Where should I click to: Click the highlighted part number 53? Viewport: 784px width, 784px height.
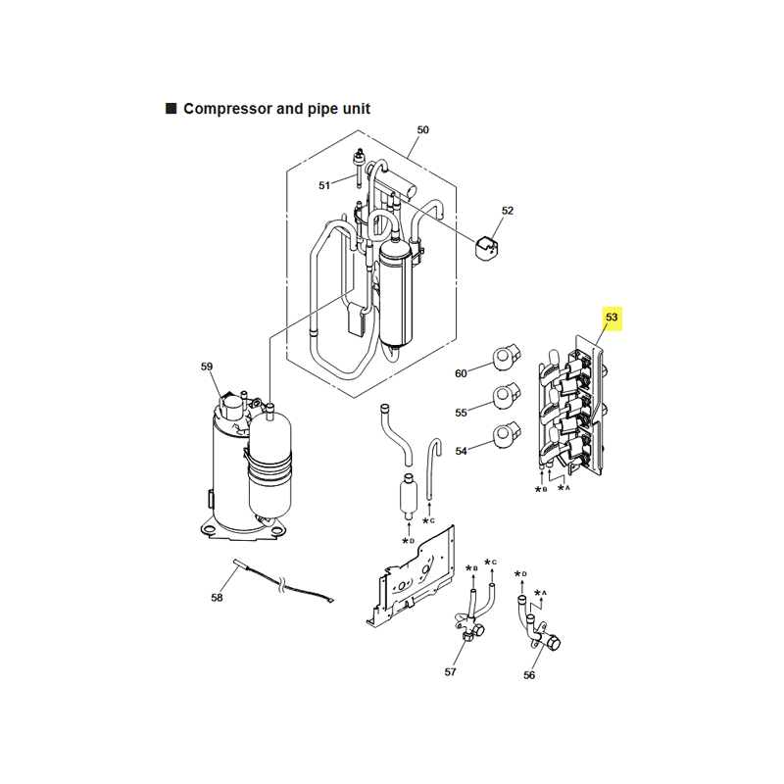coord(612,318)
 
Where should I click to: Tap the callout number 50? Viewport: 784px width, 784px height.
coord(423,130)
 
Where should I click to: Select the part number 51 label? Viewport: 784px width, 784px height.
coord(324,185)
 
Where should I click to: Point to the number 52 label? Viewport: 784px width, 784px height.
coord(508,211)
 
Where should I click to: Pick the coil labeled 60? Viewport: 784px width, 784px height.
coord(507,357)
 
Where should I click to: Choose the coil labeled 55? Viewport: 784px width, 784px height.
coord(507,396)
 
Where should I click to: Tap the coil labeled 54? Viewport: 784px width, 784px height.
coord(507,435)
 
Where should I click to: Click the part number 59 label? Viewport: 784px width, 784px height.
coord(207,367)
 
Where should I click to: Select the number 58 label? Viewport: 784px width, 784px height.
coord(217,598)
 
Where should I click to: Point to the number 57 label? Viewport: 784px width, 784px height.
coord(450,672)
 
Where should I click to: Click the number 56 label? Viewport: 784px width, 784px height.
coord(529,675)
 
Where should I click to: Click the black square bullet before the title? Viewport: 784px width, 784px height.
coord(171,109)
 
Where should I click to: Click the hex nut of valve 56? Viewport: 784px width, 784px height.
coord(553,642)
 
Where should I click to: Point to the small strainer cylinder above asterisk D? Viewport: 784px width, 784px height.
coord(409,496)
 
